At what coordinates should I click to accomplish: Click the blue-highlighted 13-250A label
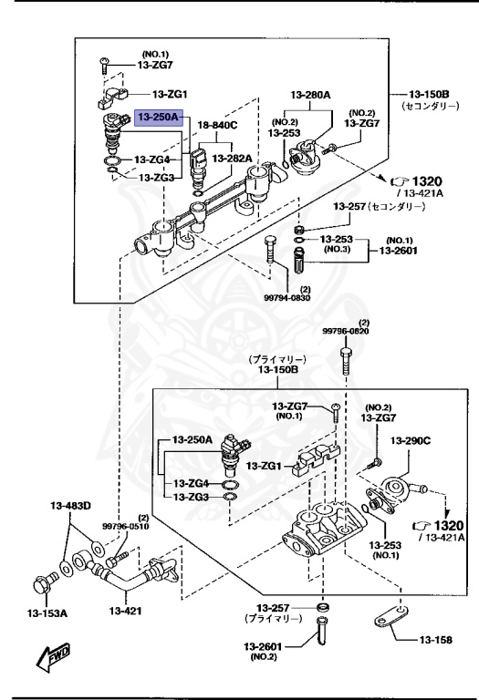[x=160, y=117]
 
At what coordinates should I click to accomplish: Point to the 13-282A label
[x=232, y=159]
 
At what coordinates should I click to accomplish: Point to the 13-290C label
[x=411, y=440]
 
